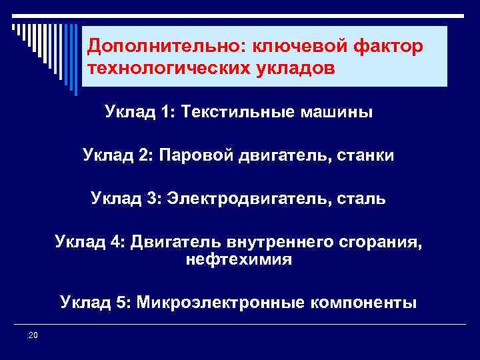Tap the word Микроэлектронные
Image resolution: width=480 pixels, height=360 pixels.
[x=221, y=303]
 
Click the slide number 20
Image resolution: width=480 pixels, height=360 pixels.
[x=33, y=335]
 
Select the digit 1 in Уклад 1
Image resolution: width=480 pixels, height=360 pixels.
[x=165, y=113]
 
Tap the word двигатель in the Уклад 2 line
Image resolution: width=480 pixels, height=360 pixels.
[x=291, y=156]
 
